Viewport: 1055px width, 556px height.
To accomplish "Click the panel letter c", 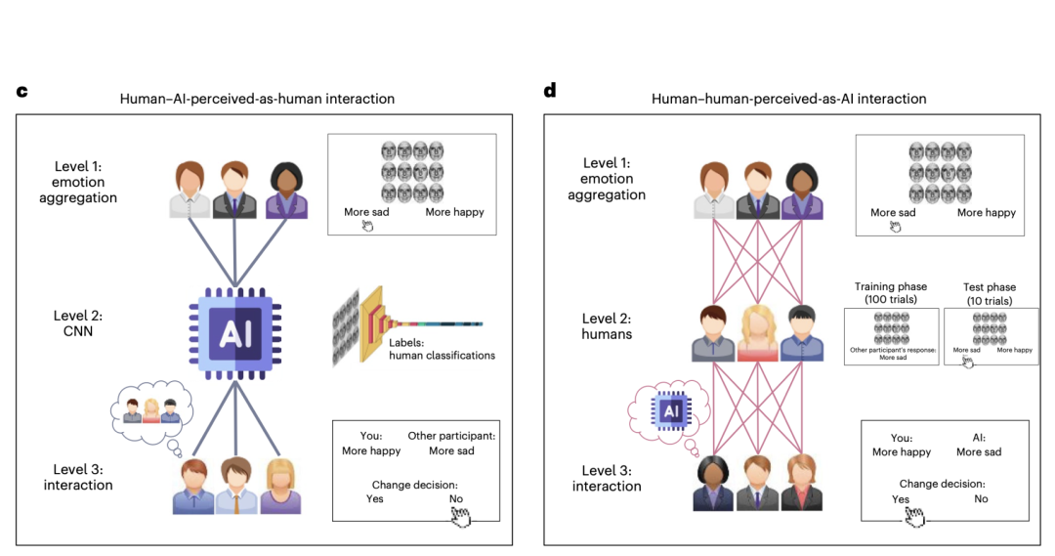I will [21, 92].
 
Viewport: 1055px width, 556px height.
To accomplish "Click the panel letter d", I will [550, 91].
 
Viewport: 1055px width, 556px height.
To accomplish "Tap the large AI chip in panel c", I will [234, 335].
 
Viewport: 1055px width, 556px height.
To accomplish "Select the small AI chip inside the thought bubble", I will [671, 411].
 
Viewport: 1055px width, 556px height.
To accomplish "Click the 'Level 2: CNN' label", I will [78, 323].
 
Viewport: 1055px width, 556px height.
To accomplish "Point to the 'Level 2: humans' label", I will [607, 325].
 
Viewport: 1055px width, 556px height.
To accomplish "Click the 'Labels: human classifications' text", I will [442, 349].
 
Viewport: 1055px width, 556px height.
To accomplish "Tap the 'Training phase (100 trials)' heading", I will [889, 293].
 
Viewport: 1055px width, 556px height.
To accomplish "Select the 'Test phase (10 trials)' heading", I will [990, 293].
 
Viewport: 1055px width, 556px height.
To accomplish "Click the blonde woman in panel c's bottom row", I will [279, 486].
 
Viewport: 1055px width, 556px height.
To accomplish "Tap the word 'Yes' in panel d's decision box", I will [901, 499].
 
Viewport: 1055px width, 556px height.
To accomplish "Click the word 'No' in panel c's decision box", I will [455, 498].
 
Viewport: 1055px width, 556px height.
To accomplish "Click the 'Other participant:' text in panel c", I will [451, 436].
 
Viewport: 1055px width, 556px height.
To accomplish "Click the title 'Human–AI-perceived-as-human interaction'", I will [257, 99].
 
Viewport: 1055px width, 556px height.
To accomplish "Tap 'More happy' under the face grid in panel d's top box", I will [986, 213].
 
